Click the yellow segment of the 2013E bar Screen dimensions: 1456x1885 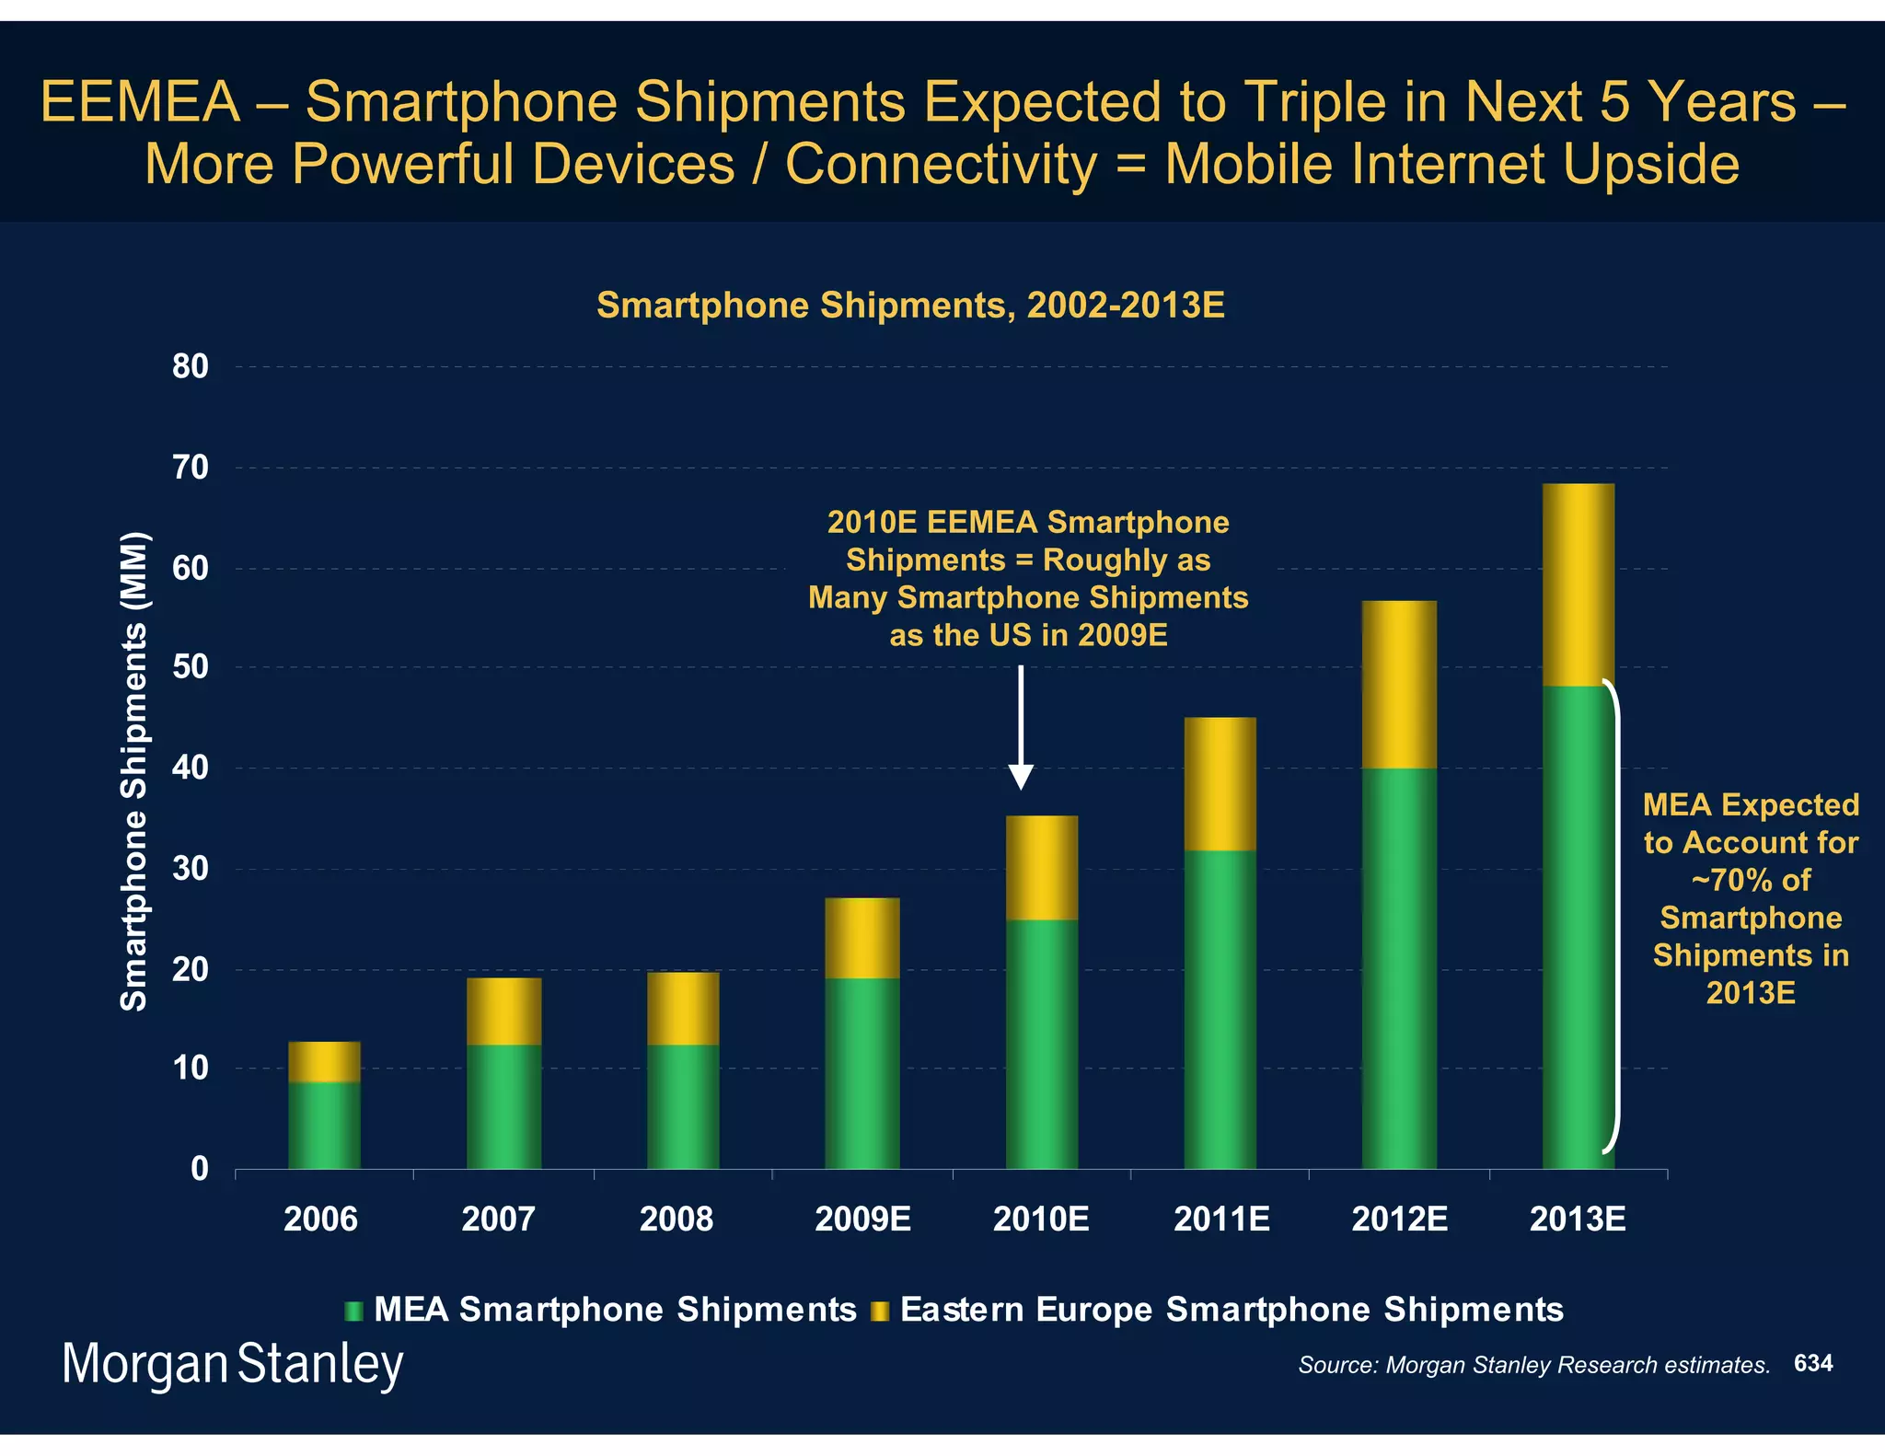[1578, 584]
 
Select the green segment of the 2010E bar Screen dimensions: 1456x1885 [1041, 1044]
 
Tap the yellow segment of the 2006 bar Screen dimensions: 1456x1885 [324, 1061]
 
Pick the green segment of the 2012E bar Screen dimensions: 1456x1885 [1399, 968]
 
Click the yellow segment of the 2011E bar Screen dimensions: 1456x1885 [1220, 783]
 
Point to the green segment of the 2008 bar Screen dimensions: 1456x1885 [683, 1106]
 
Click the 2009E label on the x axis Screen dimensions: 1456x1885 [862, 1219]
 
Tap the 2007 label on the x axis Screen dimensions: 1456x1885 [498, 1219]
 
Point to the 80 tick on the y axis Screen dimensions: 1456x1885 [191, 367]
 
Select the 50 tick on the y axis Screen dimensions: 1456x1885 [191, 667]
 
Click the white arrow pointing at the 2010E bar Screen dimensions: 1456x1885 [1021, 727]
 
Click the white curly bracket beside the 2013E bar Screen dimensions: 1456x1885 [1613, 916]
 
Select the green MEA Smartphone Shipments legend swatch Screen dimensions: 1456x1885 [353, 1311]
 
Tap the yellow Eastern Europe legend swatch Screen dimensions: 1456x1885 [879, 1311]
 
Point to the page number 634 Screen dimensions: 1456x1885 [1812, 1363]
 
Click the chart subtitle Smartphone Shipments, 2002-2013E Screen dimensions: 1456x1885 [910, 305]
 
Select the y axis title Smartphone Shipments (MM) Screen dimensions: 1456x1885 [134, 771]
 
